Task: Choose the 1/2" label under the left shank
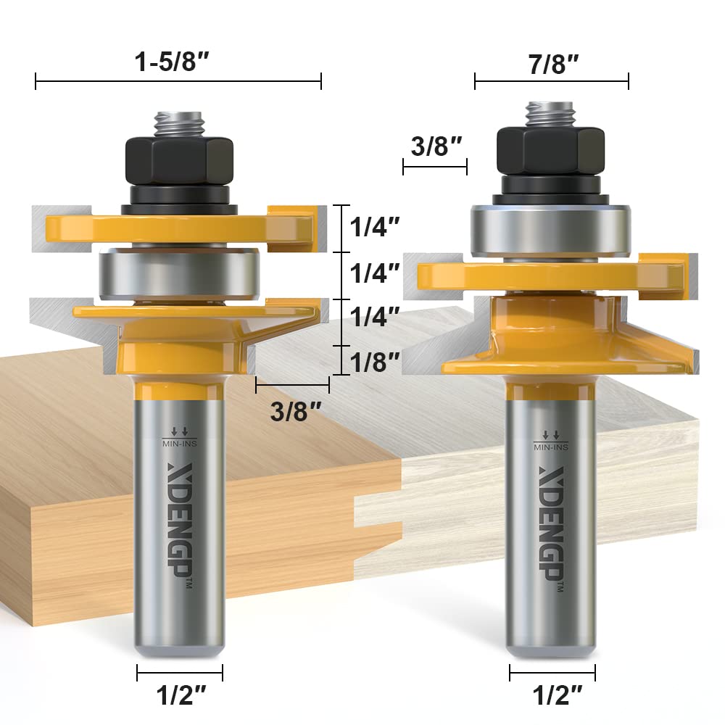(179, 697)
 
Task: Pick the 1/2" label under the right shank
(552, 697)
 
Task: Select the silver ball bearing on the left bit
(179, 274)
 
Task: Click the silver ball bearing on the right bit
(550, 231)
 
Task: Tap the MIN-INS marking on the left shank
(179, 439)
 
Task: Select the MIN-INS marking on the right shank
(551, 443)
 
